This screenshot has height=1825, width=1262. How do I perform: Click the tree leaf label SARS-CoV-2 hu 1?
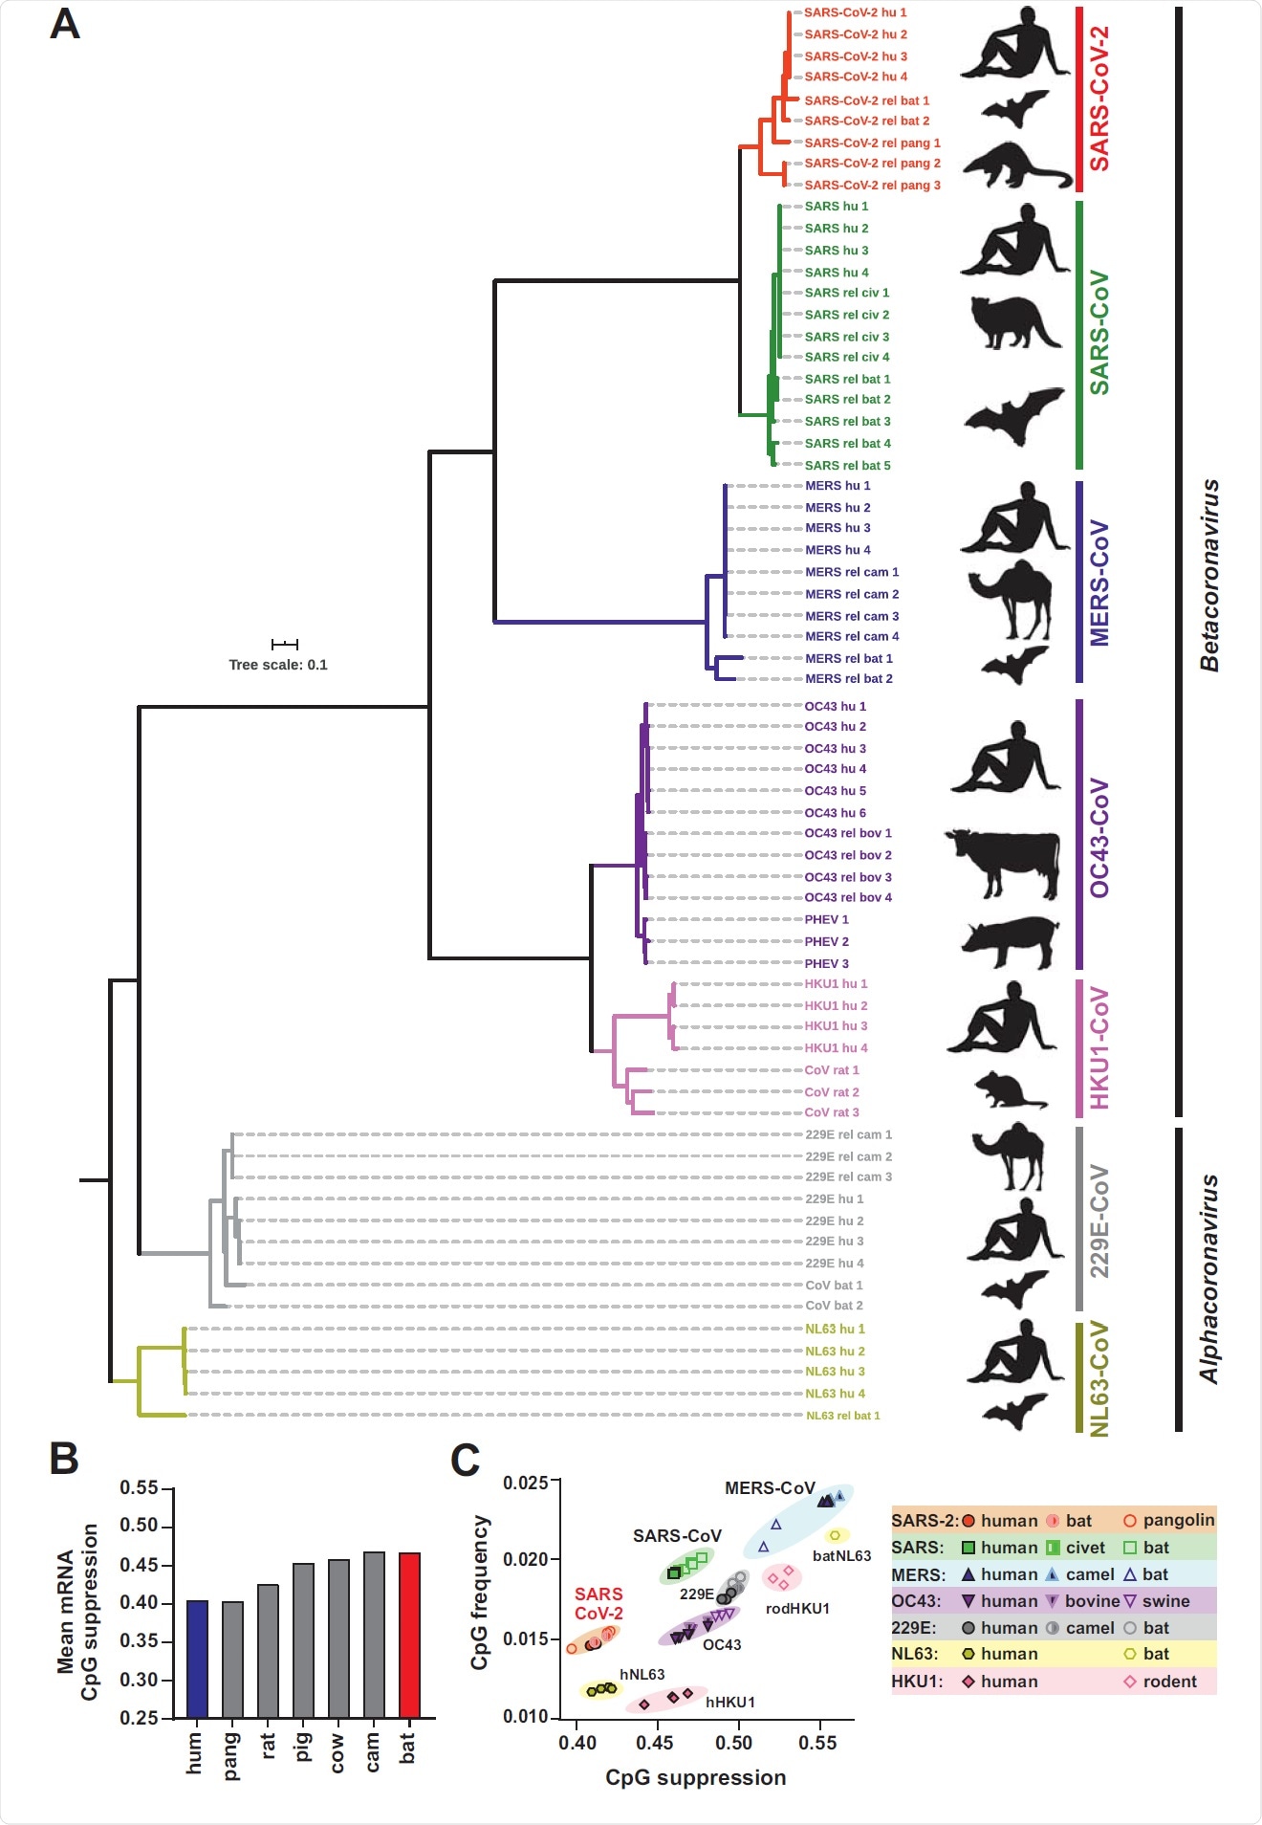(x=855, y=12)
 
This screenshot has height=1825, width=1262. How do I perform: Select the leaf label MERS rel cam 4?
(x=851, y=636)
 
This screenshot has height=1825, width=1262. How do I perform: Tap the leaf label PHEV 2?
(x=826, y=941)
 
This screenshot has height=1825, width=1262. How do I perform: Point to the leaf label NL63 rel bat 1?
(x=842, y=1416)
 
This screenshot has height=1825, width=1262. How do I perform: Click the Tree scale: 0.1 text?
(x=277, y=665)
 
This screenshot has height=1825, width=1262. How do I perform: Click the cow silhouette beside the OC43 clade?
(x=1004, y=861)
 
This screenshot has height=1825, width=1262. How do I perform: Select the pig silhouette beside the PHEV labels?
(x=1012, y=941)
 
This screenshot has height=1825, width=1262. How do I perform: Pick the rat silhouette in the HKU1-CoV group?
(x=1011, y=1088)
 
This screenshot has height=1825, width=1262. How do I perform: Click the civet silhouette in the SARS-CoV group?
(x=1013, y=321)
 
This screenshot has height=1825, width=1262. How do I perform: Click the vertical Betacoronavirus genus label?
(x=1210, y=574)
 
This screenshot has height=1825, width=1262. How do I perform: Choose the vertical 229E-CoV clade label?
(x=1100, y=1220)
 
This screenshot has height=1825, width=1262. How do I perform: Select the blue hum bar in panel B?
(x=197, y=1660)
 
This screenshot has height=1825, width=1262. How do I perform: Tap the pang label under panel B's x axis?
(x=231, y=1756)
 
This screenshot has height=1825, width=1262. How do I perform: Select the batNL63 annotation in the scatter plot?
(x=841, y=1556)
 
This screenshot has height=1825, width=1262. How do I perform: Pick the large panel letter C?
(x=465, y=1460)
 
